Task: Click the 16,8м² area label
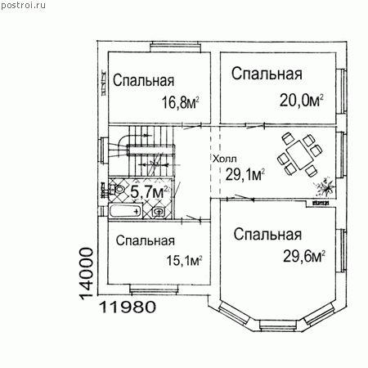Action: (x=181, y=102)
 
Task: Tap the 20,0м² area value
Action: (x=302, y=101)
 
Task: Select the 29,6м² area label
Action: (x=304, y=256)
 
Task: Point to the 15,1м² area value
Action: (x=184, y=260)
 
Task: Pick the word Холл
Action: (x=225, y=159)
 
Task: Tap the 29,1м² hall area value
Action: (x=245, y=174)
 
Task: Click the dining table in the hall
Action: (x=299, y=155)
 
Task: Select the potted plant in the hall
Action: (x=324, y=186)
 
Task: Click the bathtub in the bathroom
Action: (x=125, y=211)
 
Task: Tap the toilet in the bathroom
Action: (x=117, y=189)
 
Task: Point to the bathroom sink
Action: (x=159, y=211)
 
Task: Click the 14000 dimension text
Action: (x=87, y=273)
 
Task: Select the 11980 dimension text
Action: (x=127, y=307)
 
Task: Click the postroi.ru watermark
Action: (x=23, y=5)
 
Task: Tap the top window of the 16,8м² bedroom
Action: (x=176, y=47)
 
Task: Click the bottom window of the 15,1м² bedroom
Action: (x=154, y=289)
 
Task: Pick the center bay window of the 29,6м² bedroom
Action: (x=278, y=325)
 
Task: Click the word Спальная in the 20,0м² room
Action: (x=267, y=74)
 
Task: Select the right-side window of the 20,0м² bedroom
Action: (x=342, y=91)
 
